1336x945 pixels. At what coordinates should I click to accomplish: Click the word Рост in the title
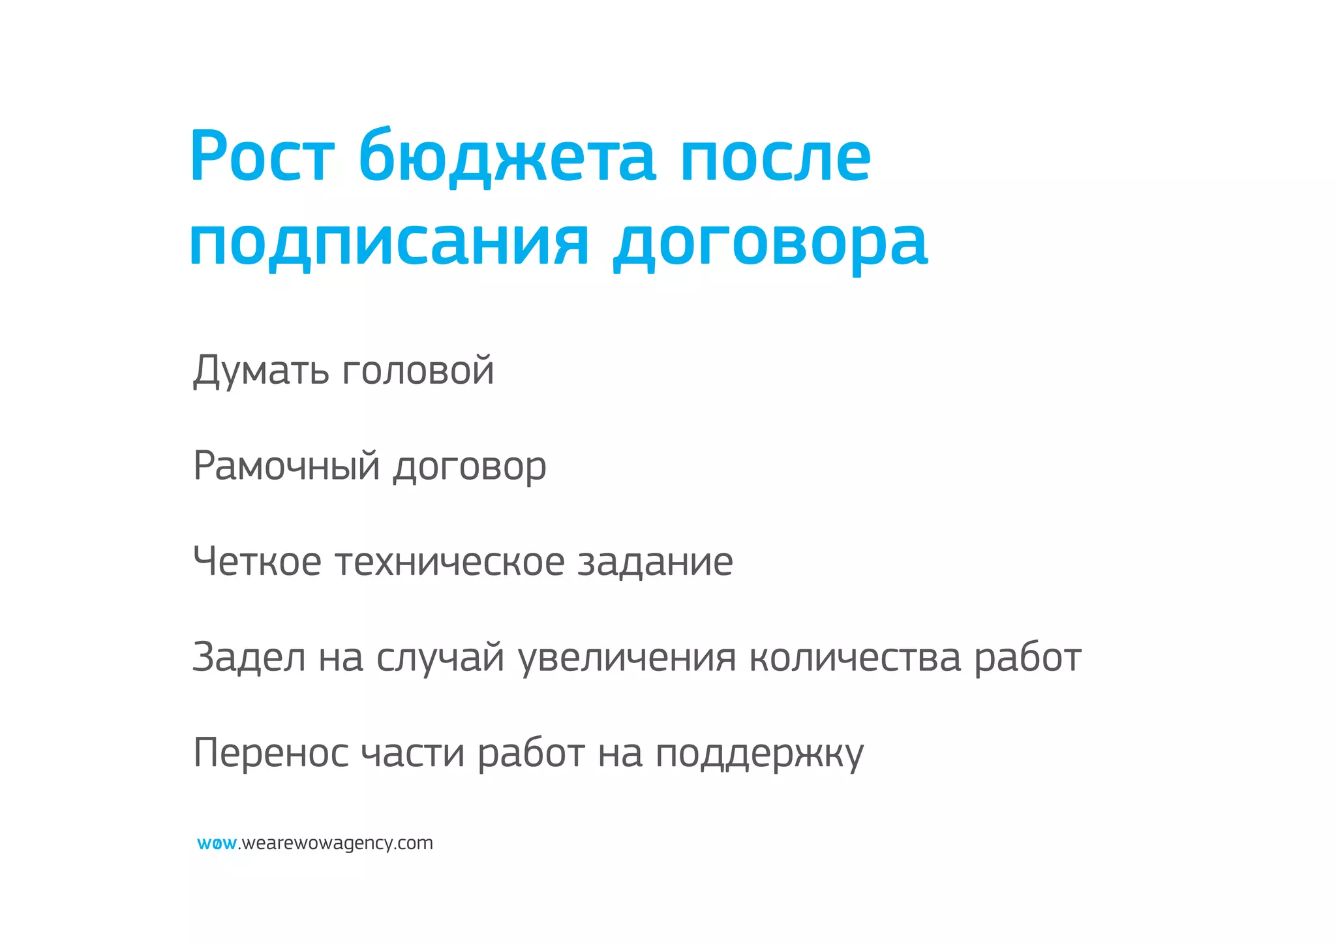point(262,157)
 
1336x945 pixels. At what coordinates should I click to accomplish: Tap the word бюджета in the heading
point(506,157)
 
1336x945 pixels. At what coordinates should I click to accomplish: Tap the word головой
point(417,370)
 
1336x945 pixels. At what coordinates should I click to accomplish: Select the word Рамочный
point(286,466)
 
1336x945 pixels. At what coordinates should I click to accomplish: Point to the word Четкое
point(257,561)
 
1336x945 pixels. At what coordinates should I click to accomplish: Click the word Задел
point(249,657)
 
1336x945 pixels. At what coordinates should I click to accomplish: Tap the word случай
point(440,657)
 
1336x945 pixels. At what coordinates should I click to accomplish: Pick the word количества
point(855,657)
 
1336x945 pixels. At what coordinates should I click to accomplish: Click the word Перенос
point(271,752)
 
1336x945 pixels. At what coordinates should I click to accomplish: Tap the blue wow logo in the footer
point(217,843)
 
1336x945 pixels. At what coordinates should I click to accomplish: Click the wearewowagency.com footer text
point(337,843)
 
